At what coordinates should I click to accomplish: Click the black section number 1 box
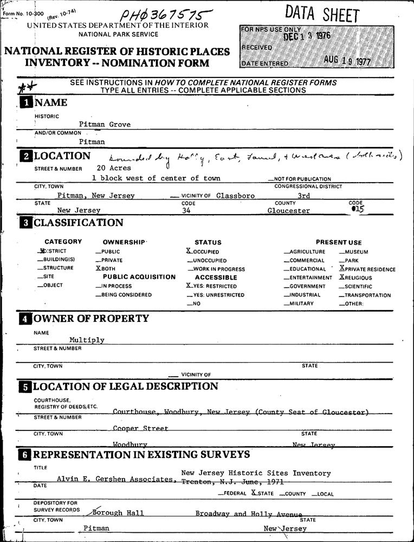click(x=26, y=102)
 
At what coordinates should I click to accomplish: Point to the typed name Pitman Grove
click(x=105, y=124)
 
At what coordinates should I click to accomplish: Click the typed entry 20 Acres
click(x=113, y=168)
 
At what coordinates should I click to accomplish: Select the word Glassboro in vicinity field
click(x=235, y=195)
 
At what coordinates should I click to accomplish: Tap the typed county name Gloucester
click(x=289, y=211)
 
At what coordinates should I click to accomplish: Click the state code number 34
click(x=186, y=211)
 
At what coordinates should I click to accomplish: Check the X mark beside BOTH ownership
click(x=98, y=268)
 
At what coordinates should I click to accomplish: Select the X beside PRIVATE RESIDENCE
click(x=342, y=268)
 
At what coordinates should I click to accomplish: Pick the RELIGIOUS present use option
click(x=359, y=278)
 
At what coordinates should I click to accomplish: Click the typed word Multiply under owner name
click(x=87, y=340)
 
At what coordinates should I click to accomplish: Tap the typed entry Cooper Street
click(x=140, y=428)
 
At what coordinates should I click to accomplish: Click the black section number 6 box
click(x=26, y=455)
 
